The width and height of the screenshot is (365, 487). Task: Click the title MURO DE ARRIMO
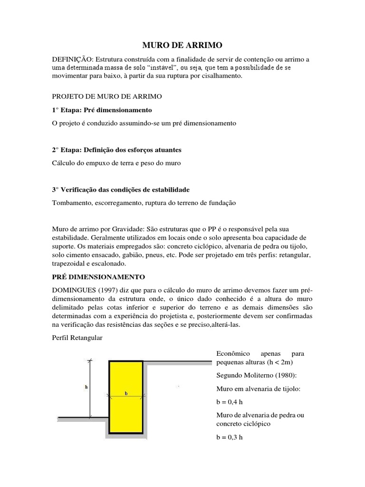pyautogui.click(x=182, y=46)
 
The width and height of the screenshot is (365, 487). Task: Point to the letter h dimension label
pyautogui.click(x=86, y=387)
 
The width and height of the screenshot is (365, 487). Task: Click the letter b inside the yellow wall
pyautogui.click(x=126, y=393)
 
